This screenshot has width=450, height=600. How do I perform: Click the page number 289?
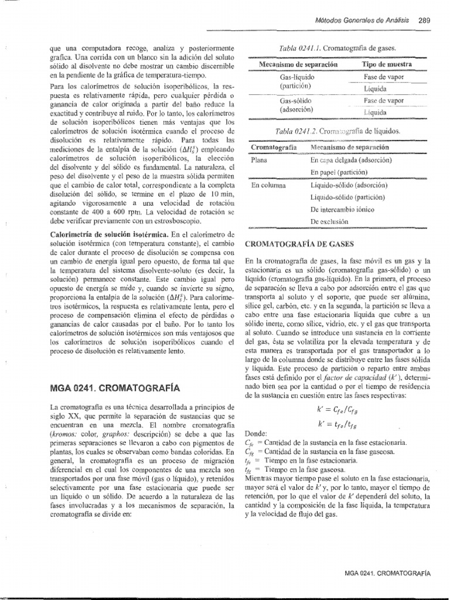tap(425, 19)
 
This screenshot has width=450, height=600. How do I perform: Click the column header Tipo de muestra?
tap(386, 64)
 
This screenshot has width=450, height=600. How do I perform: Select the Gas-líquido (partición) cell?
tap(297, 82)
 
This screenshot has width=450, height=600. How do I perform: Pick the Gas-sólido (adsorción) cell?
tap(297, 105)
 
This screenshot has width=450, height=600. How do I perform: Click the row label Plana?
tap(260, 159)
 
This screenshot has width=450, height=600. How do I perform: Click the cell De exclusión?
tap(329, 221)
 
